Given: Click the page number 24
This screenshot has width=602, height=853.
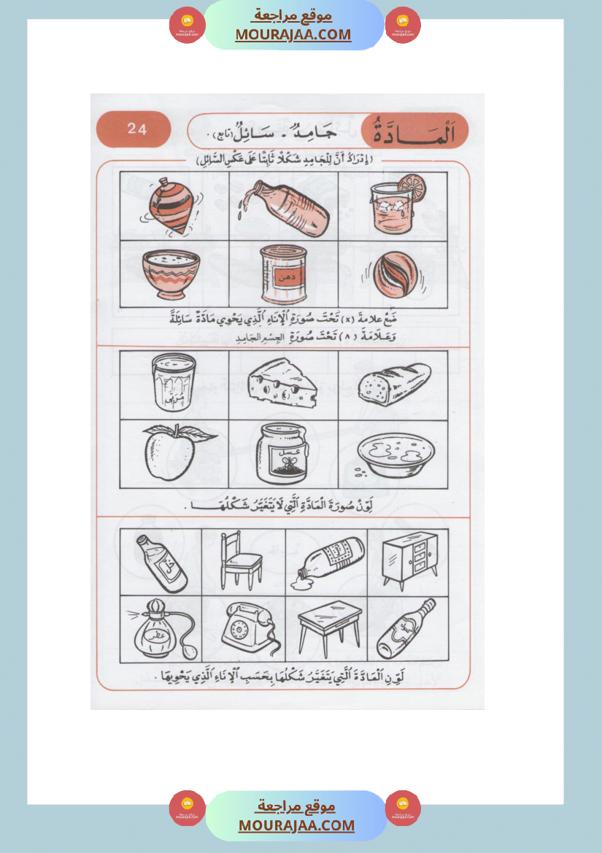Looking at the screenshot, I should click(136, 130).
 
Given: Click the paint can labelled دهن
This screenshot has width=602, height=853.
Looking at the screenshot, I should click(284, 274).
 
